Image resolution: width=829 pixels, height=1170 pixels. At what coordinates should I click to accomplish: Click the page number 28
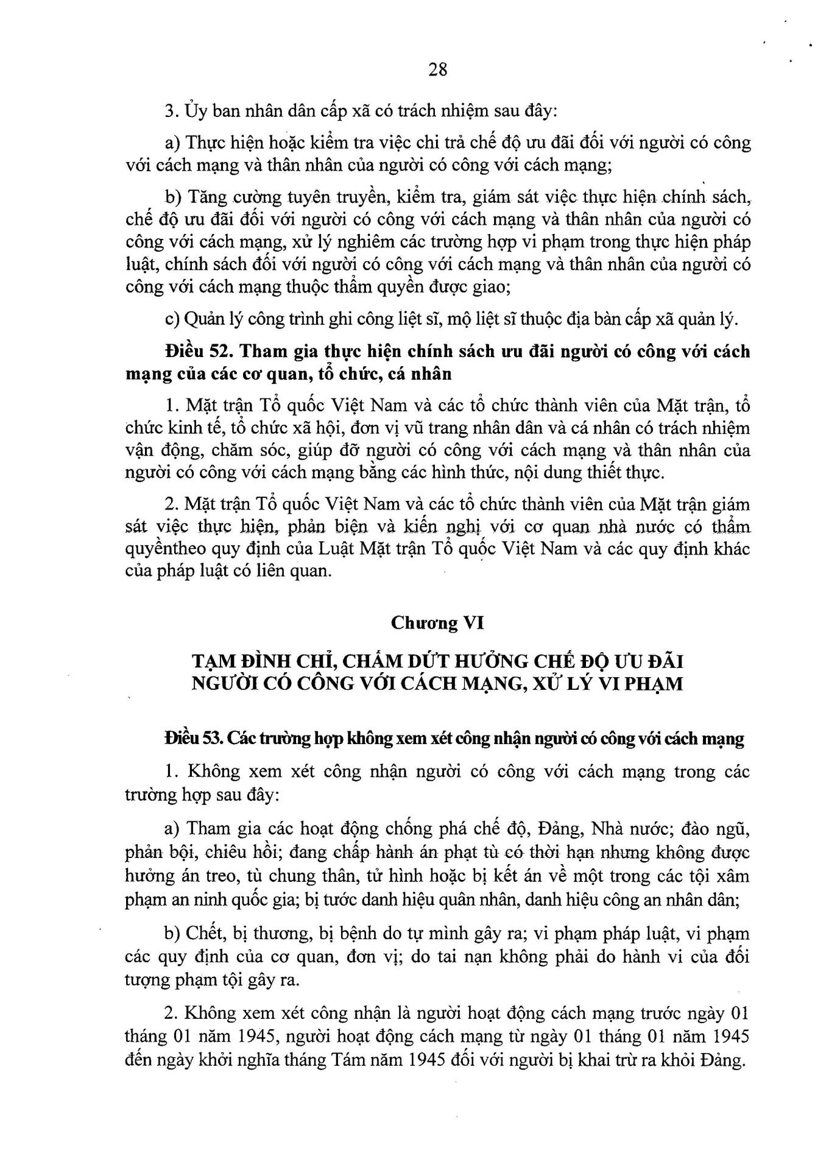(438, 69)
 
